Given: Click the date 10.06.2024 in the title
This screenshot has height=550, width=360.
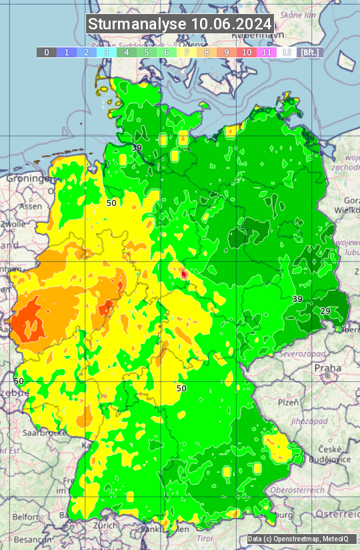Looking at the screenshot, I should pyautogui.click(x=231, y=24).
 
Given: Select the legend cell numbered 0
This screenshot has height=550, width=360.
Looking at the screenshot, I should pyautogui.click(x=46, y=52).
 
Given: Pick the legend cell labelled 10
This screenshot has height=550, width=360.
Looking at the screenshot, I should pyautogui.click(x=247, y=52).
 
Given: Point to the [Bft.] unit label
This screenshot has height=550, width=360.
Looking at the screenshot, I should pyautogui.click(x=310, y=52).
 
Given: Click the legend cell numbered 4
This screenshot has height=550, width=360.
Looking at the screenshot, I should pyautogui.click(x=127, y=52).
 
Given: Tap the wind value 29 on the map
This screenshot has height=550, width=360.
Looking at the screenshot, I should pyautogui.click(x=325, y=311).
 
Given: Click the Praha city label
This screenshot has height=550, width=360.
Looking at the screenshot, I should pyautogui.click(x=327, y=368).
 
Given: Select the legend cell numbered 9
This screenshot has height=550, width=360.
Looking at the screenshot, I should pyautogui.click(x=227, y=52).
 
